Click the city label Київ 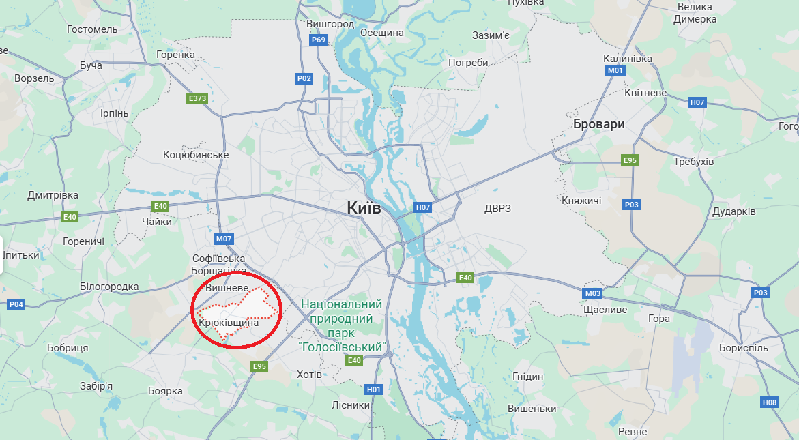click(364, 207)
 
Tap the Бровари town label click(598, 124)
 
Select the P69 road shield click(319, 40)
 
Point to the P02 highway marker click(304, 79)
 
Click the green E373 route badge click(197, 98)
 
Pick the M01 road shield click(615, 70)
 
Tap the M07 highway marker click(224, 239)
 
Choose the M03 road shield click(592, 293)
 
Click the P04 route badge click(16, 304)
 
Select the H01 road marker click(373, 389)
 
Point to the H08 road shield click(769, 402)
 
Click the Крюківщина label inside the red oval click(229, 321)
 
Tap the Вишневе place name click(227, 289)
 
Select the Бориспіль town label click(743, 347)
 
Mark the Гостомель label click(93, 29)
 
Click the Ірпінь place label click(114, 113)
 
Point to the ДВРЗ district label click(497, 208)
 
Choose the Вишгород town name click(330, 24)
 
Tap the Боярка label click(165, 391)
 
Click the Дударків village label click(733, 211)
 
